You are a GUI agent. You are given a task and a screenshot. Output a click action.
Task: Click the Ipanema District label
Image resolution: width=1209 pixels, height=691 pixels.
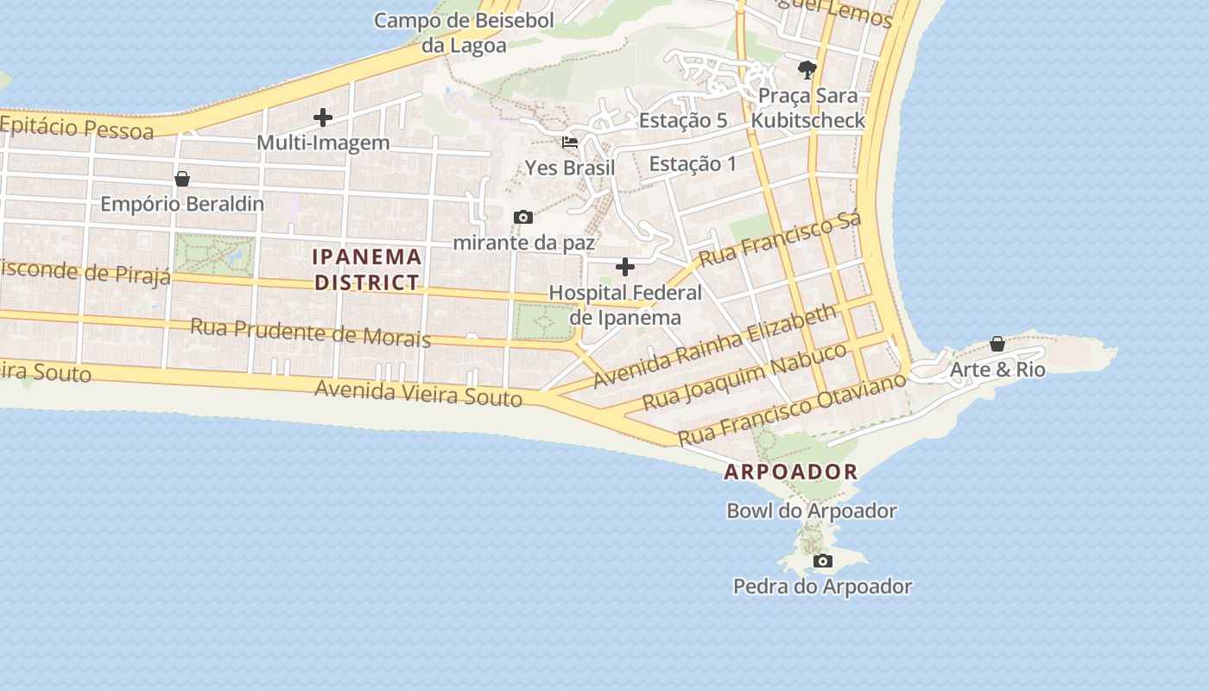pyautogui.click(x=367, y=269)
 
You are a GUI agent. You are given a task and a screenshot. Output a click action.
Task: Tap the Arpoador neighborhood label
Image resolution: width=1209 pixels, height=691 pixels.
pyautogui.click(x=790, y=472)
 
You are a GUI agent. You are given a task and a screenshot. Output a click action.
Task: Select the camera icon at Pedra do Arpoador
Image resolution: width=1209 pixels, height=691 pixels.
pyautogui.click(x=823, y=561)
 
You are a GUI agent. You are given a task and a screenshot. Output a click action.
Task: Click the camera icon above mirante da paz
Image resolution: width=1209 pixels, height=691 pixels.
pyautogui.click(x=523, y=217)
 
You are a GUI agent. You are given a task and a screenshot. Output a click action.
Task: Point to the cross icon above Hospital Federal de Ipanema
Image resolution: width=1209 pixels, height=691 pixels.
pyautogui.click(x=624, y=267)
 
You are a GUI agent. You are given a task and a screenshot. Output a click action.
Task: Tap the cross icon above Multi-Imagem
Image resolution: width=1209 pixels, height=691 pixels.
pyautogui.click(x=323, y=117)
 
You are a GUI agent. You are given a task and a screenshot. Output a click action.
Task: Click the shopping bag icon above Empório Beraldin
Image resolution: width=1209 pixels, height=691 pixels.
pyautogui.click(x=182, y=179)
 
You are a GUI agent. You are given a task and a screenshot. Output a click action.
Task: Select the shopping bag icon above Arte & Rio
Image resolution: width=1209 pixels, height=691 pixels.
pyautogui.click(x=997, y=344)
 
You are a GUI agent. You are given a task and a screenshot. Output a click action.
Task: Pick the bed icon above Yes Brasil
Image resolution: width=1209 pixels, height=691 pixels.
pyautogui.click(x=570, y=143)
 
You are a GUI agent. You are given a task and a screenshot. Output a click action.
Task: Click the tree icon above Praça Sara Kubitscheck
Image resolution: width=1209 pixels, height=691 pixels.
pyautogui.click(x=807, y=69)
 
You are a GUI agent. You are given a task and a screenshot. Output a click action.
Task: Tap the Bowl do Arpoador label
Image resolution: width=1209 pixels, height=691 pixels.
pyautogui.click(x=811, y=510)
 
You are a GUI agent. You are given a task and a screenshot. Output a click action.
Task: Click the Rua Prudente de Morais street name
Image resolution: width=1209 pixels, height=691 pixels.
pyautogui.click(x=310, y=332)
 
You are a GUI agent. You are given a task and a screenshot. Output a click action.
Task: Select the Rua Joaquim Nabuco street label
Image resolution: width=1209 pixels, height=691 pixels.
pyautogui.click(x=745, y=376)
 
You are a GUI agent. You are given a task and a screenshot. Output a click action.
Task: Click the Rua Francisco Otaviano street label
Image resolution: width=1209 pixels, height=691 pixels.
pyautogui.click(x=792, y=409)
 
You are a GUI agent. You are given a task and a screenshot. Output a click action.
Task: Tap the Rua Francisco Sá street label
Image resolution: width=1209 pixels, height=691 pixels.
pyautogui.click(x=780, y=239)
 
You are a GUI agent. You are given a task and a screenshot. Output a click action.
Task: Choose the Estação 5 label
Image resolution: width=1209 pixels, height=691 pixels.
pyautogui.click(x=682, y=121)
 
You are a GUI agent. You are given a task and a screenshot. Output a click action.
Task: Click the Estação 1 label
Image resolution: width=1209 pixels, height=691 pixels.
pyautogui.click(x=693, y=163)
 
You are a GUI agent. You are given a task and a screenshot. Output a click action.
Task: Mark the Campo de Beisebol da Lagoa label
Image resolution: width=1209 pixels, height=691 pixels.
pyautogui.click(x=464, y=33)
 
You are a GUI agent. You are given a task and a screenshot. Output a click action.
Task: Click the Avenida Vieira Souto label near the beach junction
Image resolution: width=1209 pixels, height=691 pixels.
pyautogui.click(x=418, y=392)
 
